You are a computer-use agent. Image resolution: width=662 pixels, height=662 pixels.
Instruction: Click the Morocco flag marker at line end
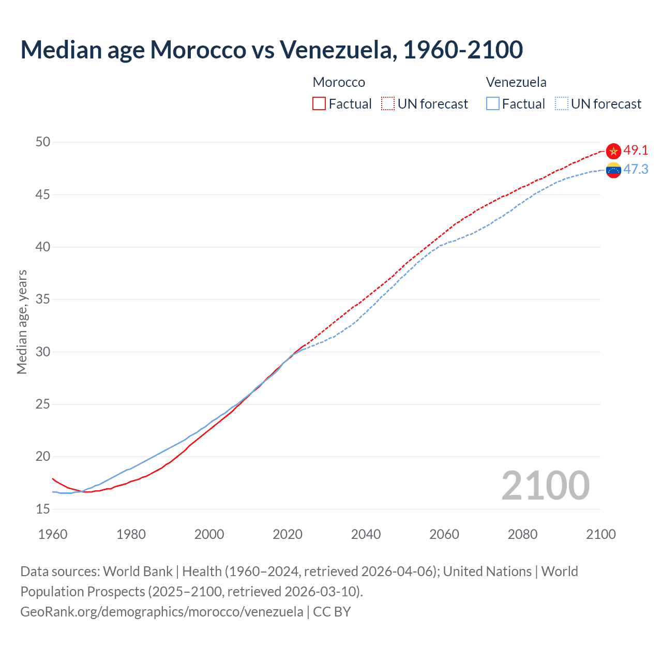613,151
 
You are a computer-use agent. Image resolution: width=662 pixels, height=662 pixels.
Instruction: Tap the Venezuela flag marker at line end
613,170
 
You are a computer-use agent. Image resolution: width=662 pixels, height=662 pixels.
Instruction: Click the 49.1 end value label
636,151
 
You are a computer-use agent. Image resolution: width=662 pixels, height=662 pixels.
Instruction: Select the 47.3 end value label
636,170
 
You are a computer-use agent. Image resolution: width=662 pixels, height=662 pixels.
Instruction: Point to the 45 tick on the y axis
43,194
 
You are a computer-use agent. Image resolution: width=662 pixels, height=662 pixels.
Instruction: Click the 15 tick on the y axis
43,509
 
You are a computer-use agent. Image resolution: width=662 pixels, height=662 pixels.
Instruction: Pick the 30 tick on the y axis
43,352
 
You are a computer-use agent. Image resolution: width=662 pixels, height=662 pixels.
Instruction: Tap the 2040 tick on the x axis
366,534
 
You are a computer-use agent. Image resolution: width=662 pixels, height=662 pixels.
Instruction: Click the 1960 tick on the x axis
53,534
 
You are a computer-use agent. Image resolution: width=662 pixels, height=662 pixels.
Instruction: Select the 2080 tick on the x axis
522,534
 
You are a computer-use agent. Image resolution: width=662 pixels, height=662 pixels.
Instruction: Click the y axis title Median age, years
22,322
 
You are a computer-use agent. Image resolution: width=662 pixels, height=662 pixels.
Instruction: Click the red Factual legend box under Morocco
319,104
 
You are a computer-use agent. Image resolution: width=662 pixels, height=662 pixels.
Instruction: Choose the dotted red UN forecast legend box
388,104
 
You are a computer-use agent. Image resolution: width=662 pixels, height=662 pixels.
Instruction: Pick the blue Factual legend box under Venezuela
493,104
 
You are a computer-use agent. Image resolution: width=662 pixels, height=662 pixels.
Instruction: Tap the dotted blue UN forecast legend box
562,104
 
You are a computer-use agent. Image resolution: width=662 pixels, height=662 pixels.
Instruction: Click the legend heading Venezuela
516,82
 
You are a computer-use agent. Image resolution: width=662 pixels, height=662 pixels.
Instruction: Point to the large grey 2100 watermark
545,485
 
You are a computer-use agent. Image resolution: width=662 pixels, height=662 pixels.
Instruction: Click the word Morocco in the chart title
198,50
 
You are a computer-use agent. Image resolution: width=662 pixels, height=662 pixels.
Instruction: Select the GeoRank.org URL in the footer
161,612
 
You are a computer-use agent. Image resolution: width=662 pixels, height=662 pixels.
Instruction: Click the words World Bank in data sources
138,571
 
